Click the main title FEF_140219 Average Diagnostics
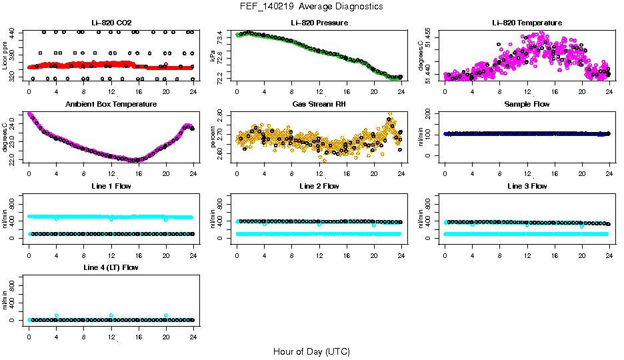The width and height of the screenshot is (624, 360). tap(312, 6)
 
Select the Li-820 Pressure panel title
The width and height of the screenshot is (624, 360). tap(319, 23)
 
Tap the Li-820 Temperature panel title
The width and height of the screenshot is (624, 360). tap(527, 23)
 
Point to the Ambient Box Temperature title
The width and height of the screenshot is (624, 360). tap(111, 105)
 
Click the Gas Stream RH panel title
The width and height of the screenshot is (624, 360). tap(319, 105)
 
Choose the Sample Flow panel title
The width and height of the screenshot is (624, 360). tap(527, 105)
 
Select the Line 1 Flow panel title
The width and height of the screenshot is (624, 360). tap(111, 186)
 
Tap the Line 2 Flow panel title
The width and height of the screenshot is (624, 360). tap(319, 186)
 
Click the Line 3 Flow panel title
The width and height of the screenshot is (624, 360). tap(527, 186)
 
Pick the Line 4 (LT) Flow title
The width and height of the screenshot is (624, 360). tap(111, 267)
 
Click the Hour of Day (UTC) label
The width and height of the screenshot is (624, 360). tap(311, 351)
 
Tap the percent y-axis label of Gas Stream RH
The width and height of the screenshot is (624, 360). tap(213, 137)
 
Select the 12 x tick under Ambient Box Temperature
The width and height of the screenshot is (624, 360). tap(111, 173)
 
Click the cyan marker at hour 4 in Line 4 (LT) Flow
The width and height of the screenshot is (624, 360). tap(57, 315)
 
